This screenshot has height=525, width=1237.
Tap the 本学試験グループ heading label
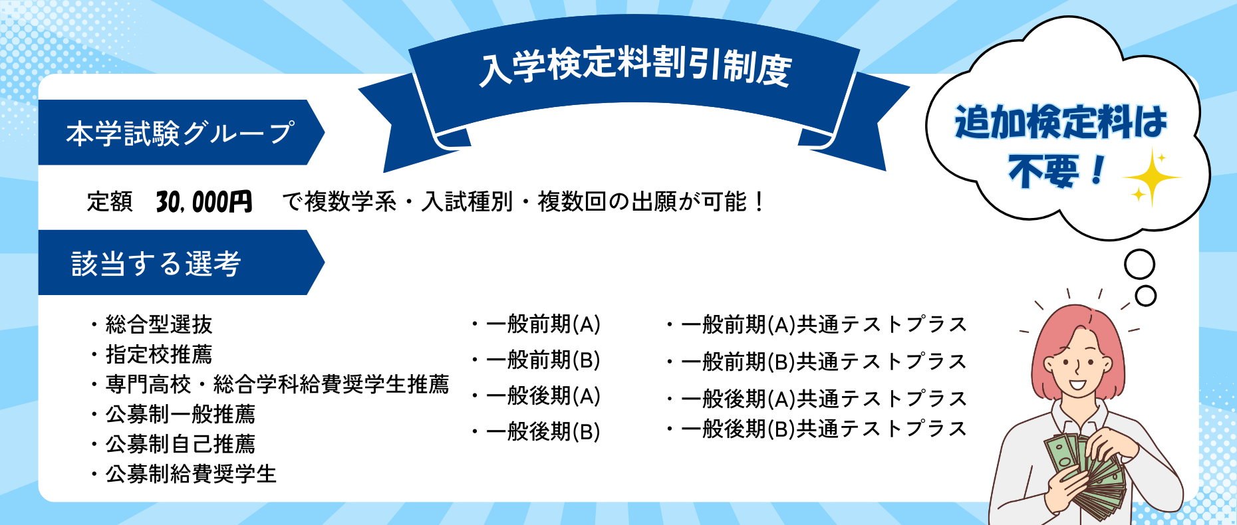coord(180,133)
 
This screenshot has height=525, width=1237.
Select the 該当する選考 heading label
coord(156,263)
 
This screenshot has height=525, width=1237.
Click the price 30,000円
coord(204,201)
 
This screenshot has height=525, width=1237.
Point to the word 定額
coord(110,201)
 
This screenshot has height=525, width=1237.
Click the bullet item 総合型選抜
coord(158,324)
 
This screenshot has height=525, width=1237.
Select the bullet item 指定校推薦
coord(158,354)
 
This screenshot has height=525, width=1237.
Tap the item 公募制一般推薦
coord(180,414)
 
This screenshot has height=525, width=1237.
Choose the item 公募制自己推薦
coord(180,444)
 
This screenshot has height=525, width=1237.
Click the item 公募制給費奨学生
coord(191,474)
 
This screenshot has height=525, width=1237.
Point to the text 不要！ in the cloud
coord(1057,171)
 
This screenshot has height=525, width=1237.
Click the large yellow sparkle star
coord(1152,177)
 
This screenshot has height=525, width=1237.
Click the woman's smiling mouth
coord(1077,384)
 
